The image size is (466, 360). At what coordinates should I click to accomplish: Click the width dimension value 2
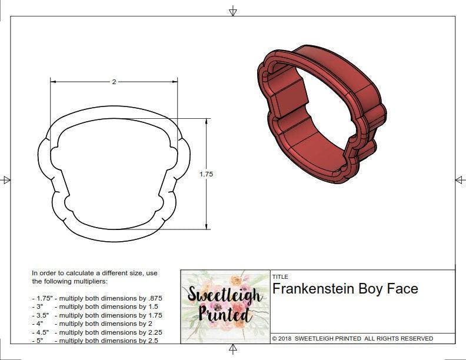[x=114, y=82]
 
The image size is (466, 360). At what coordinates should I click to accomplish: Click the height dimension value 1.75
[x=207, y=174]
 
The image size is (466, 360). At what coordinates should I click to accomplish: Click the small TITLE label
[x=279, y=276]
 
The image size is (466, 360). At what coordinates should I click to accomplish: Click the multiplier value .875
[x=154, y=298]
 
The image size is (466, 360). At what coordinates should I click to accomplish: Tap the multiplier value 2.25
[x=152, y=332]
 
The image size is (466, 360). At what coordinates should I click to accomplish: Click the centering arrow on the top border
[x=233, y=11]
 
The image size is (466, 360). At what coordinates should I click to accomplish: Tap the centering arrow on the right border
[x=460, y=179]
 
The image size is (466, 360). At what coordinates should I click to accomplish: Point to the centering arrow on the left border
[x=6, y=180]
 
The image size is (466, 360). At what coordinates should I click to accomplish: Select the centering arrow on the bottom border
[x=233, y=350]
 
